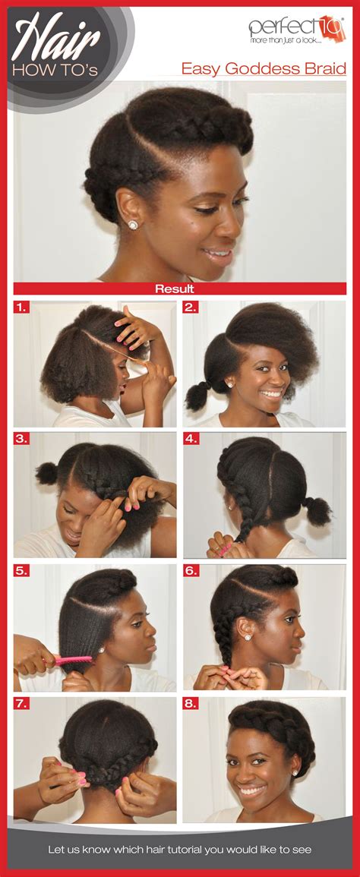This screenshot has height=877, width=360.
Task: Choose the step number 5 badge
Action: tap(23, 571)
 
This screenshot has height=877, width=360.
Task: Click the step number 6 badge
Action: tap(191, 571)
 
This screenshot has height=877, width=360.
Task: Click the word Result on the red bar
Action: tap(175, 289)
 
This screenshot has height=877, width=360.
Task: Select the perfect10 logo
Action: tap(296, 29)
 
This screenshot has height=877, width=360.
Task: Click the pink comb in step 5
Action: tap(72, 660)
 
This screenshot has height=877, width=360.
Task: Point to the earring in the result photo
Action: tap(132, 225)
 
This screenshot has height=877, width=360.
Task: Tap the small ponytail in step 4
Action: tap(316, 509)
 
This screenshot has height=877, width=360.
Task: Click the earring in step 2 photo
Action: tap(228, 384)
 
